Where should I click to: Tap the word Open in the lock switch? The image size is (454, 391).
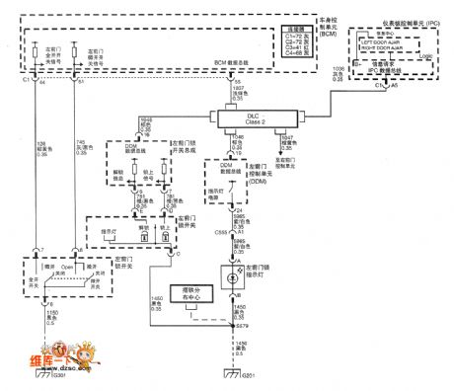coord(68,265)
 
